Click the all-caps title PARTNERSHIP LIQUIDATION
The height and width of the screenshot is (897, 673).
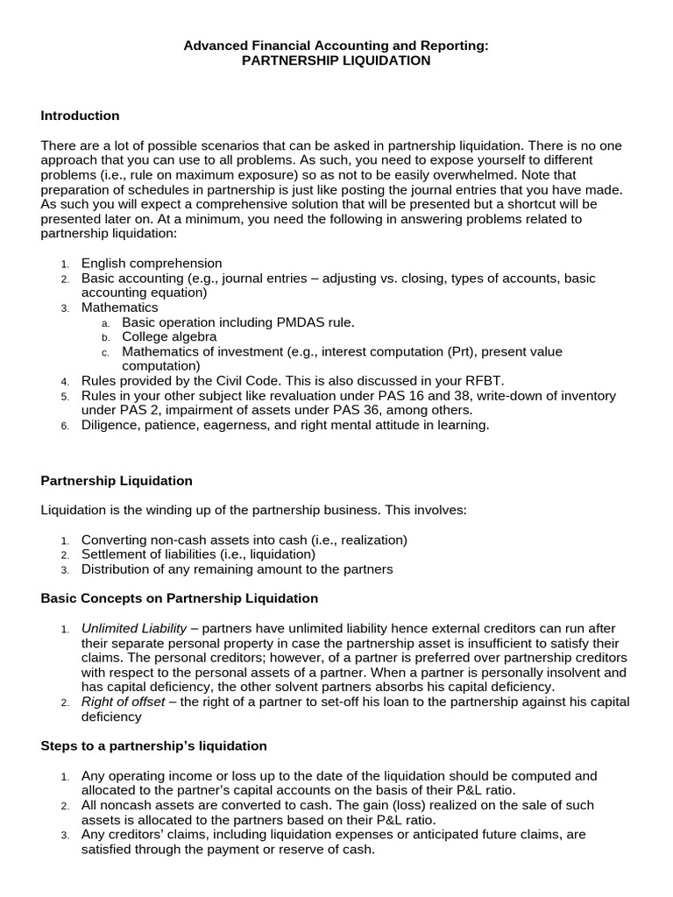pos(336,60)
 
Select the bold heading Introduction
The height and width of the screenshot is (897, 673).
pos(80,116)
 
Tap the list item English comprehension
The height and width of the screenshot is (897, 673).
pos(152,263)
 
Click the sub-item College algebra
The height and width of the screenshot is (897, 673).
pos(169,336)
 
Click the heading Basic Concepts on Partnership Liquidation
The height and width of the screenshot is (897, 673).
pos(180,598)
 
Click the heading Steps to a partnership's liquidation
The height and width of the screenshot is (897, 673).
pos(153,745)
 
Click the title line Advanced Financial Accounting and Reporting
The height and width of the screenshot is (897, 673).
pos(336,46)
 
